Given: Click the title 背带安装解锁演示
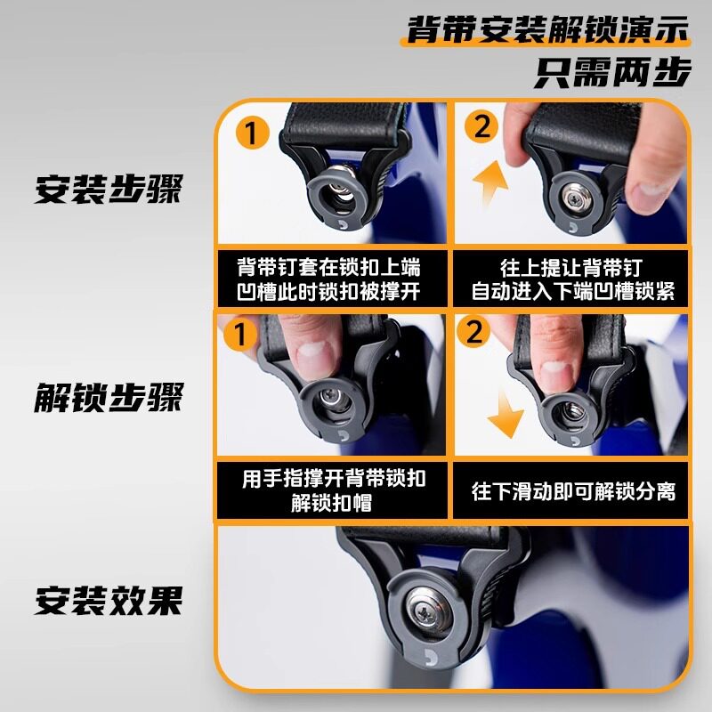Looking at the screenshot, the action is click(546, 29).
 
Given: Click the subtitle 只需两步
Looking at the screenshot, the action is click(612, 72).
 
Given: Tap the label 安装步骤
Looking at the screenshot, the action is click(109, 189).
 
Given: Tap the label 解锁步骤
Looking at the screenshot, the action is click(109, 397).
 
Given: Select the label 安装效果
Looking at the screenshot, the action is click(109, 600).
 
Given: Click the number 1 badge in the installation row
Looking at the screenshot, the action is click(252, 132).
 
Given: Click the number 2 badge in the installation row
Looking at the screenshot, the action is click(481, 125).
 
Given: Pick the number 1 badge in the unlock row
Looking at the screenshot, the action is click(240, 334).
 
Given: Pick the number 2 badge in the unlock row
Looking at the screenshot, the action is click(473, 331).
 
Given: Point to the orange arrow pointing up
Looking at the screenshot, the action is click(490, 182).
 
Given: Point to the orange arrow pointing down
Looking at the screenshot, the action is click(505, 414).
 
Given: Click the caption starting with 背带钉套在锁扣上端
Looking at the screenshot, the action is click(328, 279).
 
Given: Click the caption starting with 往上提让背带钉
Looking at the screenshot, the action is click(572, 279).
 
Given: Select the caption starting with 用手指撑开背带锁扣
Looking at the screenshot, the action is click(333, 490).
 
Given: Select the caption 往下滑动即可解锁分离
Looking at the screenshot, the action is click(573, 491).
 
